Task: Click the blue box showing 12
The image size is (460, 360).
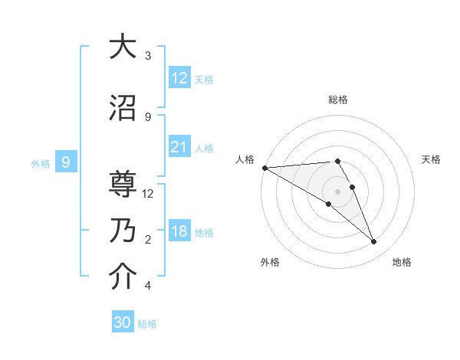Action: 179,77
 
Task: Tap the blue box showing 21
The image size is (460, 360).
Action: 179,147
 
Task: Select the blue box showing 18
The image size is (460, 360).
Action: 179,231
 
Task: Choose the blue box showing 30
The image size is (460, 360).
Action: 123,322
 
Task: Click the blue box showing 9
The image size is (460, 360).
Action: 66,162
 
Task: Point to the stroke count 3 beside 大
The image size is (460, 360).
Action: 148,56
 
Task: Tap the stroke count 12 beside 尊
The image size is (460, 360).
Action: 148,194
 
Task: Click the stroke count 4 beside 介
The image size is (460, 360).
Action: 148,286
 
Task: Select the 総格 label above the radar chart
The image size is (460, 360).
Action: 337,100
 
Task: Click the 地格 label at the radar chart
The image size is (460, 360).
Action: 402,262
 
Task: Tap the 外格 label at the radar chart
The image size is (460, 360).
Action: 270,262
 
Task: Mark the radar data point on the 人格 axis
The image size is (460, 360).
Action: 264,168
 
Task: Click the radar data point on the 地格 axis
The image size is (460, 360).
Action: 373,241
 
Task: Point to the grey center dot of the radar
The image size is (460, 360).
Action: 337,191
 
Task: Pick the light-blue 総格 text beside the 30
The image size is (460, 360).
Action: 147,324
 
